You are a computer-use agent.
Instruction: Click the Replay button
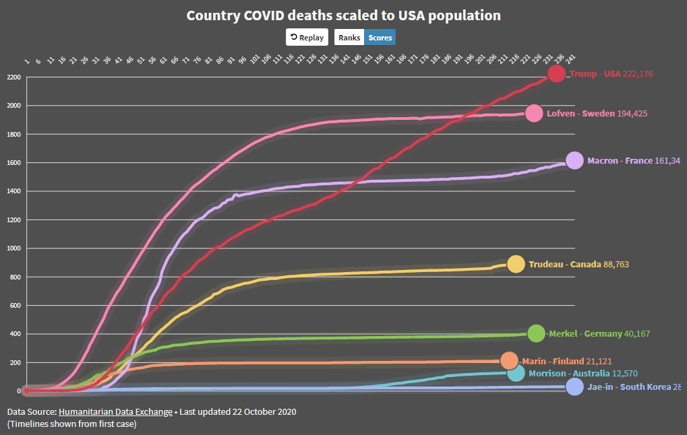click(x=307, y=37)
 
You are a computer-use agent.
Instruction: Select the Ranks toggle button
click(x=349, y=37)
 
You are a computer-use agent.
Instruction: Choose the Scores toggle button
click(x=380, y=37)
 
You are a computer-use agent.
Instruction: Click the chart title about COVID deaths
click(x=343, y=15)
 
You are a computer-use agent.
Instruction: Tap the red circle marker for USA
click(x=557, y=73)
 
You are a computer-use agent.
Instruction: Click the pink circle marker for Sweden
click(x=534, y=113)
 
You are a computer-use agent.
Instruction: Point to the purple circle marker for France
click(x=574, y=160)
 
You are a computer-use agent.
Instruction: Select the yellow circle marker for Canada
click(x=516, y=264)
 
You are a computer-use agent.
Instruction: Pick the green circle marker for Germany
click(x=536, y=333)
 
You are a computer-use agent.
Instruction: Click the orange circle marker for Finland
click(x=509, y=361)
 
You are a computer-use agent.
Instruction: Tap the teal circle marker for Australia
click(x=516, y=373)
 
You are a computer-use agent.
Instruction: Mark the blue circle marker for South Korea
click(x=574, y=387)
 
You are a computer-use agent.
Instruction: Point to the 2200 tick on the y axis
click(x=13, y=77)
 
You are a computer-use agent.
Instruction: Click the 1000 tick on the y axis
click(x=13, y=248)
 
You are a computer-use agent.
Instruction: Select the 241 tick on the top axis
click(x=571, y=61)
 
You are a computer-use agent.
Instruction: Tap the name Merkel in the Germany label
click(x=564, y=333)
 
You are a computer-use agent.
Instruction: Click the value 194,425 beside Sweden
click(x=632, y=113)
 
